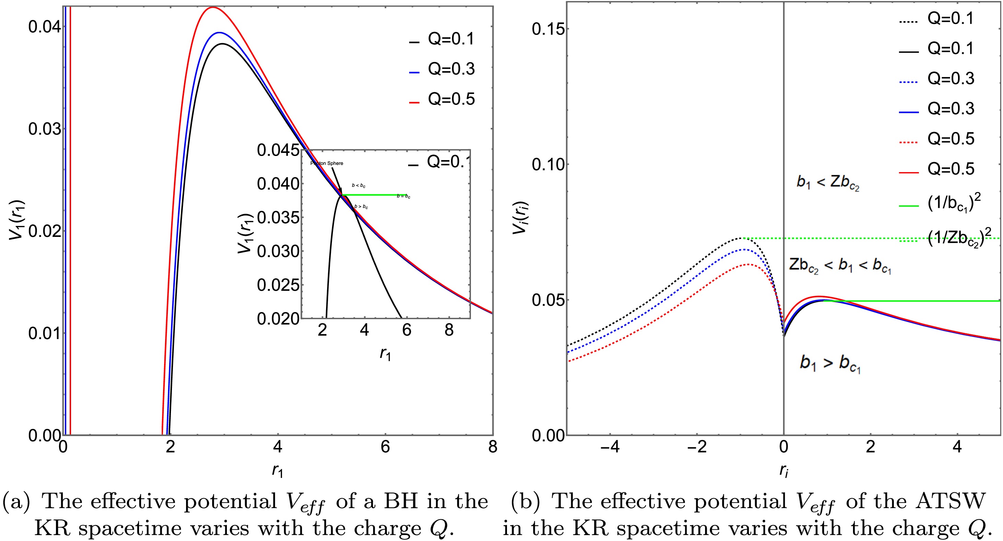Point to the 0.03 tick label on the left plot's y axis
[x=44, y=129]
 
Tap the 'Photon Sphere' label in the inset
[x=327, y=163]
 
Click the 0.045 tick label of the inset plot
[x=278, y=151]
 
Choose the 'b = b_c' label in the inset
[x=403, y=196]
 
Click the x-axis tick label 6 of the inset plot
[x=406, y=330]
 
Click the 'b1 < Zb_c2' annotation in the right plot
[x=827, y=182]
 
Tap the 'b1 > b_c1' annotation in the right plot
[x=830, y=363]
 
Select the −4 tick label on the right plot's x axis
[x=610, y=447]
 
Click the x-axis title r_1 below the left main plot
[x=277, y=471]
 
